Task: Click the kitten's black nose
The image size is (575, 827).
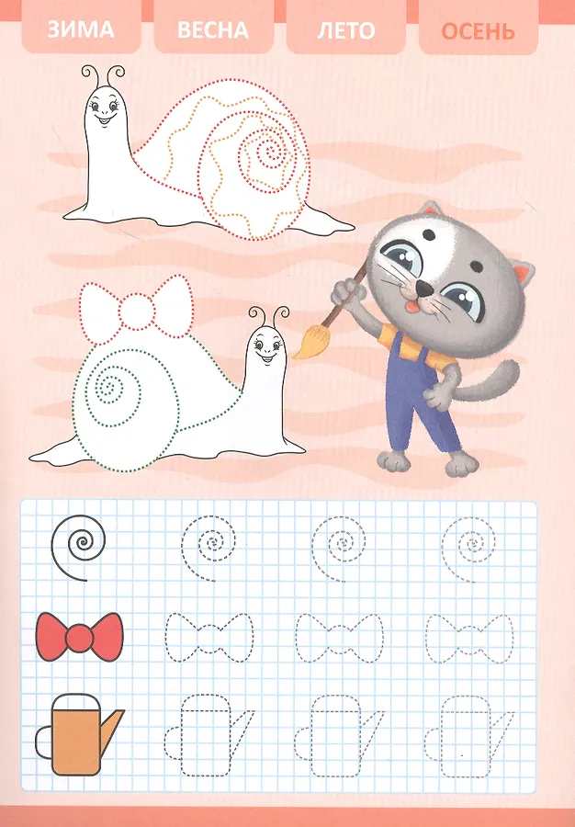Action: [423, 289]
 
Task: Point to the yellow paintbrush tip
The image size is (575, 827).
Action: [307, 341]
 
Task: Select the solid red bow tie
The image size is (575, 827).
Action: [80, 637]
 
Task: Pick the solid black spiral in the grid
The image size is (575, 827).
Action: [78, 545]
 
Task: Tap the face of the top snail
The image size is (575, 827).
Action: [106, 108]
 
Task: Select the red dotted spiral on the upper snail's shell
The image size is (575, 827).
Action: [269, 154]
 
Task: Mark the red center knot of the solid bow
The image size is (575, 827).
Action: [80, 637]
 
